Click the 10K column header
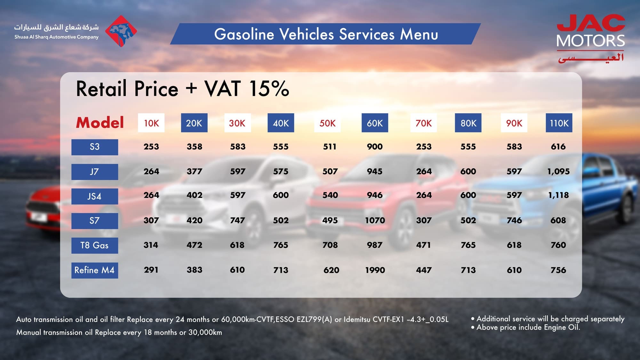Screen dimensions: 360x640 pyautogui.click(x=151, y=123)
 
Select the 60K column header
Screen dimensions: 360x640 pyautogui.click(x=374, y=123)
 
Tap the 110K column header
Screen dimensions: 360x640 pyautogui.click(x=559, y=123)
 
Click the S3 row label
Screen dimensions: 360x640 pyautogui.click(x=95, y=147)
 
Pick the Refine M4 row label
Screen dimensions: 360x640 pyautogui.click(x=95, y=270)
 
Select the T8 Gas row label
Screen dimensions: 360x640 pyautogui.click(x=95, y=245)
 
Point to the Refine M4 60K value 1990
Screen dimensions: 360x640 pyautogui.click(x=375, y=270)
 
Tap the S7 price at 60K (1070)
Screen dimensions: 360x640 pyautogui.click(x=375, y=220)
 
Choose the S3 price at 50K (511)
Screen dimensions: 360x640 pyautogui.click(x=330, y=147)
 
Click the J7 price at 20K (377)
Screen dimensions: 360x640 pyautogui.click(x=194, y=172)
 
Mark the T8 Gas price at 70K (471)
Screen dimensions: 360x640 pyautogui.click(x=423, y=245)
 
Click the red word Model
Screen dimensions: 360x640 pyautogui.click(x=100, y=123)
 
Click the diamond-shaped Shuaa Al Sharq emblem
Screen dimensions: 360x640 pyautogui.click(x=121, y=31)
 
